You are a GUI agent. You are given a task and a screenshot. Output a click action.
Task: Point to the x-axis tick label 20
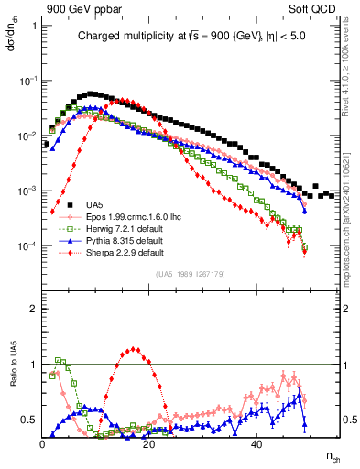coord(149,443)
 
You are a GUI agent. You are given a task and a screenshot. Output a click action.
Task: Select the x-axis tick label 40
coord(256,443)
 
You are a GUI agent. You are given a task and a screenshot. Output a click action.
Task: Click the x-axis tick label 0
coord(43,443)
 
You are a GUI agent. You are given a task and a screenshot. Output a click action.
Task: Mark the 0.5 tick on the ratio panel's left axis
coord(31,420)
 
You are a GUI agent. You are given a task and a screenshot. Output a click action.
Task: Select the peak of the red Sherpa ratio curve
coord(135,348)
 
